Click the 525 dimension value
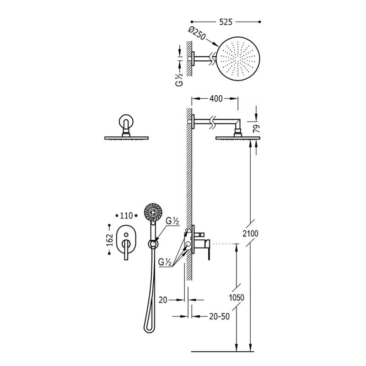tap(226, 22)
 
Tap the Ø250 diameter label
tap(197, 33)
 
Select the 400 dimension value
tap(216, 99)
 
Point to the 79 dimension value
tap(257, 129)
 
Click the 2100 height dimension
tap(250, 233)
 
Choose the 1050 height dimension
tap(237, 298)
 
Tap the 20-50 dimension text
tap(220, 317)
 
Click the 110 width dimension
tap(126, 215)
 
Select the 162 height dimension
tap(110, 240)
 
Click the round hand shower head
tap(153, 212)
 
